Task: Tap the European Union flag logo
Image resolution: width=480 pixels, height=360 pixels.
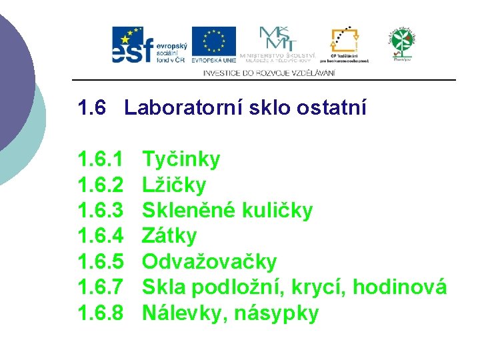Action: (x=213, y=45)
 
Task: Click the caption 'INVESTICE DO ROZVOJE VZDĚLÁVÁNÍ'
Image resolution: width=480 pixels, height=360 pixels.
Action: (x=269, y=73)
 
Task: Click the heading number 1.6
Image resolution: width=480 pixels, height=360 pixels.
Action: (x=92, y=107)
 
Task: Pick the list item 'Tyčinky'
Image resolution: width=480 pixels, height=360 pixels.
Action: (x=181, y=159)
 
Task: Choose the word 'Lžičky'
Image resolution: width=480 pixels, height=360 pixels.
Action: (x=175, y=185)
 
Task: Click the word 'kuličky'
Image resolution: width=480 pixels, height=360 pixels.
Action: (x=277, y=211)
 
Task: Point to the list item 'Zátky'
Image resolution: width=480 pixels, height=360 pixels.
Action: (x=170, y=236)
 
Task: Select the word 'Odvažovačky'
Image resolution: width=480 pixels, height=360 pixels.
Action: (x=209, y=262)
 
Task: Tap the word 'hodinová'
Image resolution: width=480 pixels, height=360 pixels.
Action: (x=399, y=287)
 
